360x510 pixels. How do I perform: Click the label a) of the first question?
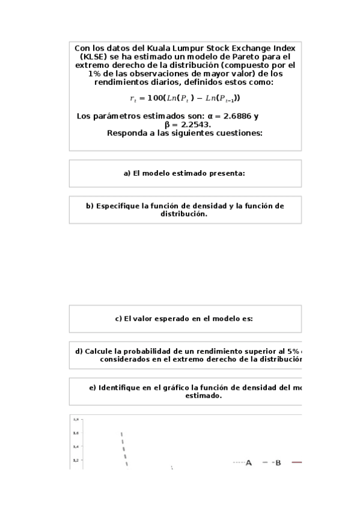pos(127,173)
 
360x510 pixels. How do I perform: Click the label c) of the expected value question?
pos(118,319)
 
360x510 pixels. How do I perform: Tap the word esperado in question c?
pos(172,319)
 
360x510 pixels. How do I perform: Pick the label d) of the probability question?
pos(79,351)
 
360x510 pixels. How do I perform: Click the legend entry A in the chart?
pos(248,462)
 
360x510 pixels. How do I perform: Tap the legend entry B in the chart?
pos(278,462)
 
